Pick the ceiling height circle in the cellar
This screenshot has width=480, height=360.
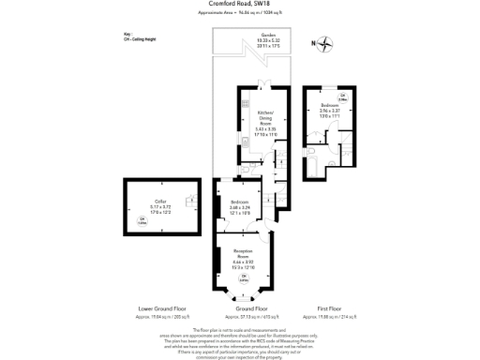point(142,222)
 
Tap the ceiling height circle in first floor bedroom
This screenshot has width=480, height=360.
point(343,97)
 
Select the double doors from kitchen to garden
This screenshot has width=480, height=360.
point(267,85)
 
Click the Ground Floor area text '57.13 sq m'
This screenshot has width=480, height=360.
point(242,316)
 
